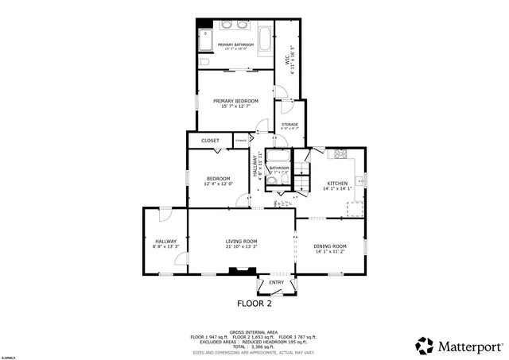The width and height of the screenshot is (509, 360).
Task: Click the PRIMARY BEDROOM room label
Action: click(x=235, y=102)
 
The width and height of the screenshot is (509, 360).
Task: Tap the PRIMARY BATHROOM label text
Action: click(x=238, y=45)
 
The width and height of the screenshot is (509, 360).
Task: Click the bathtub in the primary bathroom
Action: click(x=264, y=41)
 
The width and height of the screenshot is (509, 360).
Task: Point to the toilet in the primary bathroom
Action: click(x=204, y=62)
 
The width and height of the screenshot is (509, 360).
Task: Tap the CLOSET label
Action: click(x=210, y=141)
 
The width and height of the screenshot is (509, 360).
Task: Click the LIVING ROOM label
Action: click(x=241, y=242)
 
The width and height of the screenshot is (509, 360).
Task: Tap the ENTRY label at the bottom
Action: click(x=276, y=282)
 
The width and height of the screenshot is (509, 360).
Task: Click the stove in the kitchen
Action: click(x=343, y=155)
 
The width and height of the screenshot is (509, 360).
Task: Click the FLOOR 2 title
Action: click(x=254, y=304)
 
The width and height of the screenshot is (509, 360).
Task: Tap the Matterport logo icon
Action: click(x=425, y=346)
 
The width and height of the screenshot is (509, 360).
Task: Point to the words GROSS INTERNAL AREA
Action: click(x=254, y=331)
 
